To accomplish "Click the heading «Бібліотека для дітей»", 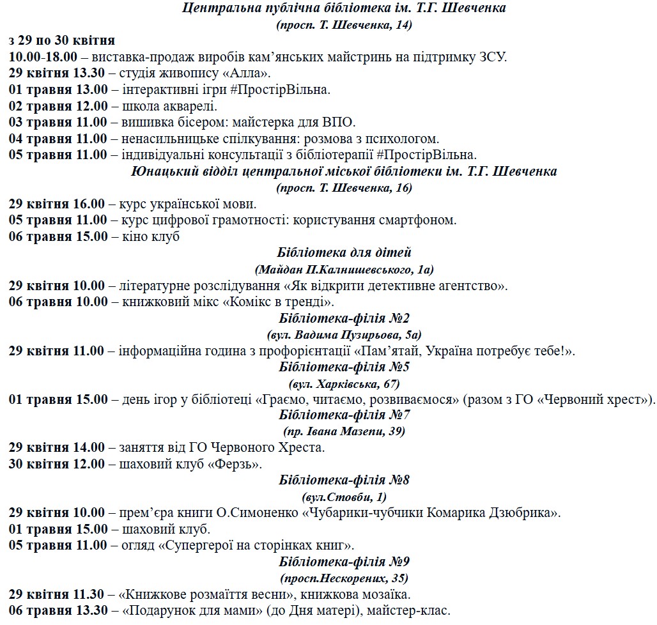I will coord(344,253).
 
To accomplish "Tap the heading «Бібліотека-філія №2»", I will coord(344,318).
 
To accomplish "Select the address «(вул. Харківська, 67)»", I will coord(344,383).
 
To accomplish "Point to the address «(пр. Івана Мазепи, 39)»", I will coord(344,431).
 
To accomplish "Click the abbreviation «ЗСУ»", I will coord(488,57).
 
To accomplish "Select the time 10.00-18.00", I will coord(43,57).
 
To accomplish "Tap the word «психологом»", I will coord(406,139).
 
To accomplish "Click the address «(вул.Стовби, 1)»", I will coord(344,497).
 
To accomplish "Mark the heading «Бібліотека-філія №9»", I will coord(344,562).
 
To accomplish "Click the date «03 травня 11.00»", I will coord(58,122).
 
